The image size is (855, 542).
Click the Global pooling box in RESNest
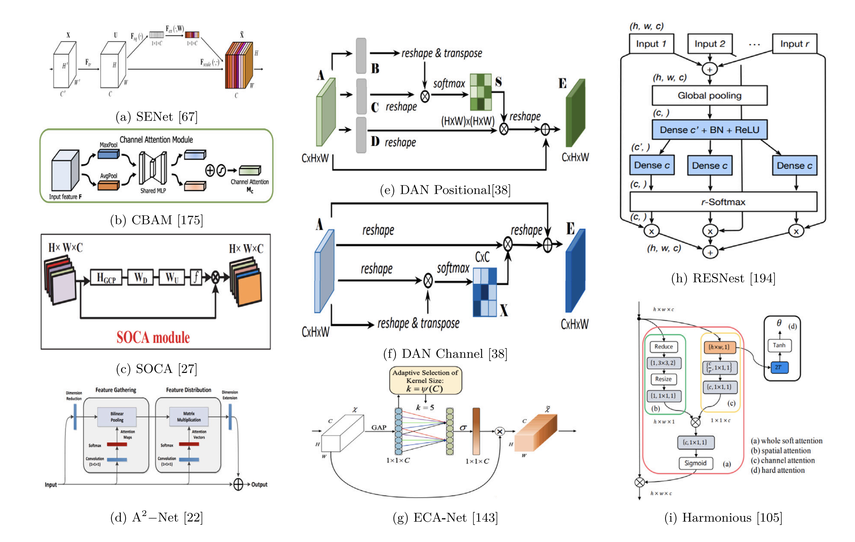pyautogui.click(x=709, y=95)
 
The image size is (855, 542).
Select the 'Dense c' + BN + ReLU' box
pyautogui.click(x=709, y=130)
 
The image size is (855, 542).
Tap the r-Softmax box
pyautogui.click(x=723, y=202)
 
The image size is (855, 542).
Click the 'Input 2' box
pyautogui.click(x=709, y=44)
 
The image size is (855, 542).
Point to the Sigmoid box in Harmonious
pyautogui.click(x=695, y=463)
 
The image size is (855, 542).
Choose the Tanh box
pyautogui.click(x=779, y=345)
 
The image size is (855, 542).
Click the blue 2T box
pyautogui.click(x=779, y=367)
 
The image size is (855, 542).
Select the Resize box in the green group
pyautogui.click(x=663, y=379)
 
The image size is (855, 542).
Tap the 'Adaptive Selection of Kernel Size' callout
pyautogui.click(x=425, y=381)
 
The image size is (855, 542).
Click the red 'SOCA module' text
pyautogui.click(x=153, y=337)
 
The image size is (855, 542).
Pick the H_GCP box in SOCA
pyautogui.click(x=106, y=277)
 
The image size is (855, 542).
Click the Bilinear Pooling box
pyautogui.click(x=117, y=417)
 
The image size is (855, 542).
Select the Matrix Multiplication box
pyautogui.click(x=189, y=417)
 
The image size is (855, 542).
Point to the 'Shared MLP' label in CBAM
pyautogui.click(x=153, y=191)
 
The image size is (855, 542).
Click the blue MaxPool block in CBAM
pyautogui.click(x=108, y=154)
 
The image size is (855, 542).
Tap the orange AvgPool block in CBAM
pyautogui.click(x=108, y=185)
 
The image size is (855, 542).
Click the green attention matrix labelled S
pyautogui.click(x=481, y=92)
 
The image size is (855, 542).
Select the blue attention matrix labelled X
pyautogui.click(x=485, y=292)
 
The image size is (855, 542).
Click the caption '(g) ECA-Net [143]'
pyautogui.click(x=445, y=518)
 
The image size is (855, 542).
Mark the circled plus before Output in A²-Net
pyautogui.click(x=238, y=484)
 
